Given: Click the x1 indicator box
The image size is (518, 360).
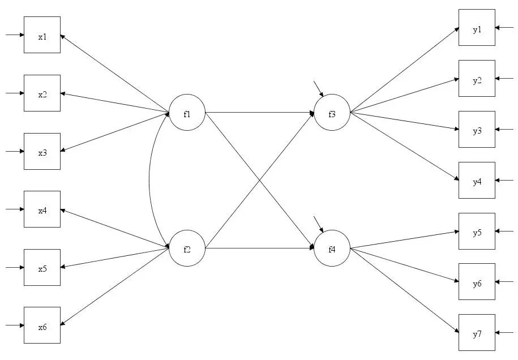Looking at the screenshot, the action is (x=42, y=35).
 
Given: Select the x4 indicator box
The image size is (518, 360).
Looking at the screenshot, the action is (x=42, y=209).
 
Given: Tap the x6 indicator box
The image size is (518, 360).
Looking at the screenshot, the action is (x=42, y=325).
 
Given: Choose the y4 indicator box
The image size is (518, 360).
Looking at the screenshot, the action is (x=477, y=181).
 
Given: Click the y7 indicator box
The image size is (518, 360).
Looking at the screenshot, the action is (x=477, y=333).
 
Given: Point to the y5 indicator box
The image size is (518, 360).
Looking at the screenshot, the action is (x=477, y=231).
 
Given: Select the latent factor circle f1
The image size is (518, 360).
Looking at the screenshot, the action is (x=187, y=113).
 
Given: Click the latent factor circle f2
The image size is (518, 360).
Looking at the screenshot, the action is (x=187, y=248).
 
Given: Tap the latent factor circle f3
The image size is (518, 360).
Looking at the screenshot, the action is (x=332, y=113).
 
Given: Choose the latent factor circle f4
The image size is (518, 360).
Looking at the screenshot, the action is (x=332, y=248).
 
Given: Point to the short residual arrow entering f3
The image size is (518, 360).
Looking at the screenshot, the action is (x=318, y=88).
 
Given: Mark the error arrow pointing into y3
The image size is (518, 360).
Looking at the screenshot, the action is (x=505, y=130).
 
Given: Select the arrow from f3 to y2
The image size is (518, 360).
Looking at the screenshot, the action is (x=404, y=96).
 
